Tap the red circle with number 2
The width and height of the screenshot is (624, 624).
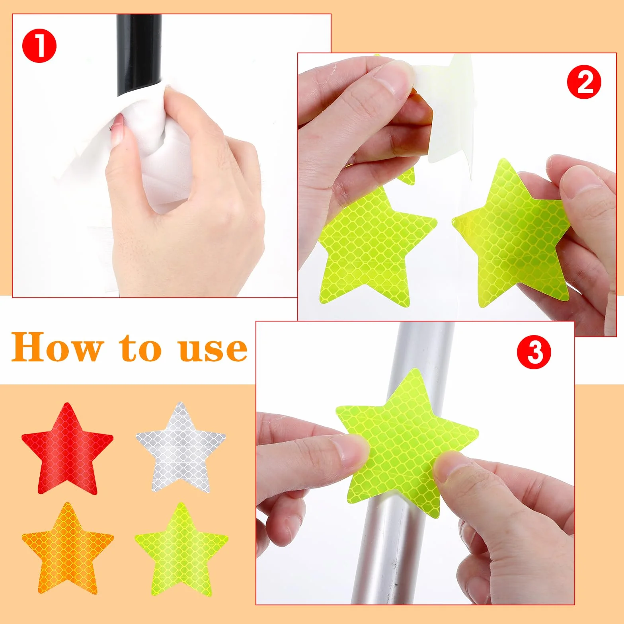coord(584,82)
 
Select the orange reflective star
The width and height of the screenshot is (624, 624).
coord(67,549)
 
